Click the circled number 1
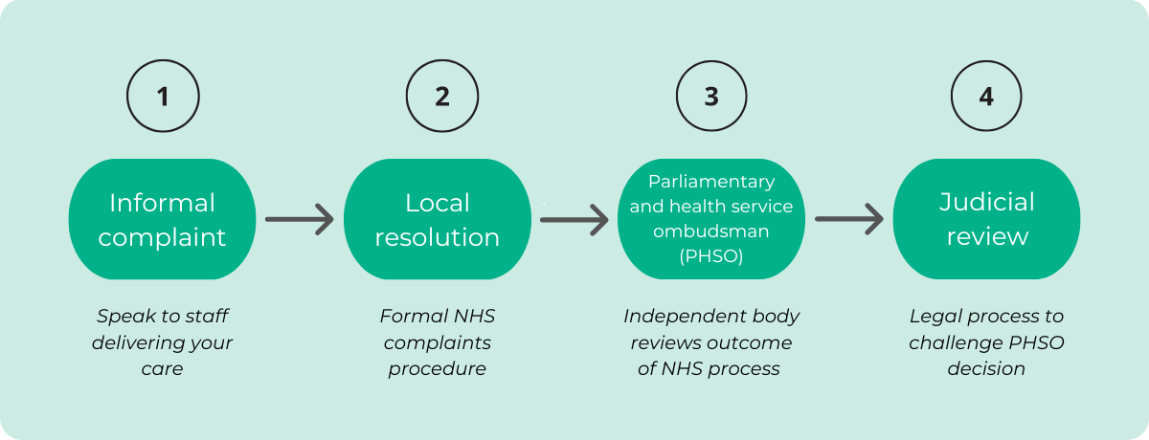(163, 97)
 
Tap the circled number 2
(441, 97)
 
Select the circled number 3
(711, 97)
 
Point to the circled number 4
(986, 97)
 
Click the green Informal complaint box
(163, 219)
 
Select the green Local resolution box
(438, 219)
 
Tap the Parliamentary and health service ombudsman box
(711, 219)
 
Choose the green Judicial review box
(986, 219)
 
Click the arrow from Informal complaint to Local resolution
(300, 219)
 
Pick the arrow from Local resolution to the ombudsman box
(574, 219)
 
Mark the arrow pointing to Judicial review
(849, 219)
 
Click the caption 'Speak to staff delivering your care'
(163, 341)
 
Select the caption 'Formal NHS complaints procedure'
(438, 341)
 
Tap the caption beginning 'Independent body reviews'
(711, 341)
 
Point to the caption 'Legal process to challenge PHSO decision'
(986, 341)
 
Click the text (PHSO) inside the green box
(711, 255)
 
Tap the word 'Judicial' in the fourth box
(986, 203)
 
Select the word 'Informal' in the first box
(163, 203)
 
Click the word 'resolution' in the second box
(438, 236)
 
